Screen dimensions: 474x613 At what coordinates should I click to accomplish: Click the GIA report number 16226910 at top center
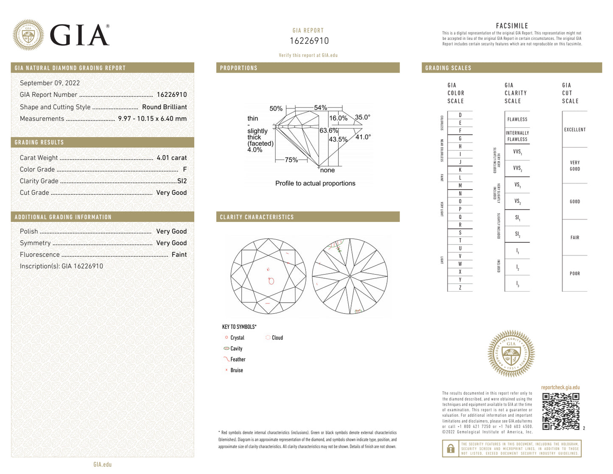click(x=309, y=41)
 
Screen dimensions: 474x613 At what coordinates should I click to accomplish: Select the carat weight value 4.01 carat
click(x=171, y=157)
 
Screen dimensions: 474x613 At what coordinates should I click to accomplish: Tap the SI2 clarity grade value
click(x=182, y=181)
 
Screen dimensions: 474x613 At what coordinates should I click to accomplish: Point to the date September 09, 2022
click(x=50, y=83)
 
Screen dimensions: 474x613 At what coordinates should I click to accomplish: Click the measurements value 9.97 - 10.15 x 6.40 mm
click(x=152, y=118)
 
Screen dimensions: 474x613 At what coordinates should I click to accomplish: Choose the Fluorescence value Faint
click(x=179, y=255)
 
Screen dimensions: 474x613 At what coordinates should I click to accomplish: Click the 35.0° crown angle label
click(x=363, y=117)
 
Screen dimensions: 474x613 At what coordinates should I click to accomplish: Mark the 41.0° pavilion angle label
click(x=363, y=137)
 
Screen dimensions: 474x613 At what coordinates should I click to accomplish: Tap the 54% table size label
click(x=320, y=108)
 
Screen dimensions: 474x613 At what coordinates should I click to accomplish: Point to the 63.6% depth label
click(x=328, y=130)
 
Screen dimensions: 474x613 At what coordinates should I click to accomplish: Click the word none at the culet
click(x=327, y=170)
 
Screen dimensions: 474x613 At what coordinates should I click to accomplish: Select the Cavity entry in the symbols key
click(x=236, y=348)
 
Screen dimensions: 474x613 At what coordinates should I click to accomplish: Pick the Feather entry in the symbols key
click(x=238, y=359)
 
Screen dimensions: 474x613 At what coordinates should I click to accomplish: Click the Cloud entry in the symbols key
click(x=277, y=338)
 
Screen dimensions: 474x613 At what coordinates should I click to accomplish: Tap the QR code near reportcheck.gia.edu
click(x=560, y=411)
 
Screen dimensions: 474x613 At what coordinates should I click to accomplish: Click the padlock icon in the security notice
click(x=451, y=449)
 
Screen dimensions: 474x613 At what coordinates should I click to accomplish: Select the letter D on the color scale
click(x=460, y=115)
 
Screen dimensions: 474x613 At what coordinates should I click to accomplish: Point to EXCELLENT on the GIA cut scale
click(x=574, y=129)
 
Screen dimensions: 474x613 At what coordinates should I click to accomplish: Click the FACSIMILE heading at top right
click(x=512, y=26)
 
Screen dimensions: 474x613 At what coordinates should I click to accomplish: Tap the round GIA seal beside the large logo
click(x=28, y=35)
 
